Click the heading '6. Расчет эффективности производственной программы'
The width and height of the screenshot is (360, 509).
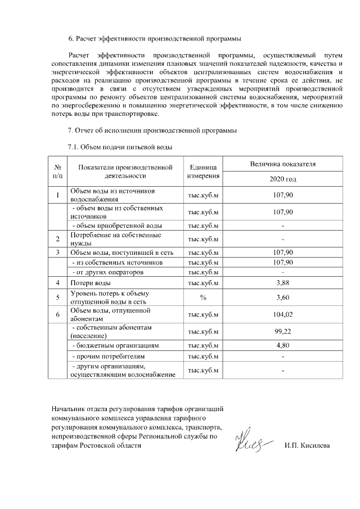click(154, 39)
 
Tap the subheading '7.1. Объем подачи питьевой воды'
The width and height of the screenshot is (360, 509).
click(119, 147)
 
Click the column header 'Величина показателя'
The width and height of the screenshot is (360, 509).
click(283, 164)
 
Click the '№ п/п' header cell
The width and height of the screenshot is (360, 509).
click(58, 172)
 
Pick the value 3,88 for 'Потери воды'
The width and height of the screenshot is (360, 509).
click(283, 282)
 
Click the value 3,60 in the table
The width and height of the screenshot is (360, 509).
click(283, 297)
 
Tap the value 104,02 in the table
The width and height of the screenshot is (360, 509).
click(283, 314)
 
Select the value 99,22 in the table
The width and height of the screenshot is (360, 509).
click(283, 331)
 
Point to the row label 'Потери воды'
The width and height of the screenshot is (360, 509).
click(90, 282)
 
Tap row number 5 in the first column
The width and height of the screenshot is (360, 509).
click(58, 297)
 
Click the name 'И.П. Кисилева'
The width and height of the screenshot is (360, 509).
click(307, 445)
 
